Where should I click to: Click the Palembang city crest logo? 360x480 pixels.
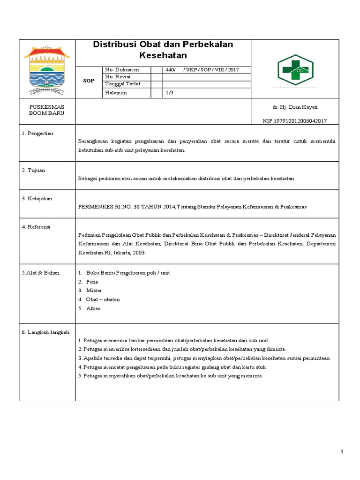tap(47, 69)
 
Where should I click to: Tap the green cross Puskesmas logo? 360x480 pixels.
tap(295, 68)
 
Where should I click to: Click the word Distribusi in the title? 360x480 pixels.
tap(112, 45)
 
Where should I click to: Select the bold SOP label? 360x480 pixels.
tap(89, 81)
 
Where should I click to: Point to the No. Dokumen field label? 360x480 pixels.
tap(122, 70)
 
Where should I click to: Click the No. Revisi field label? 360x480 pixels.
tap(118, 77)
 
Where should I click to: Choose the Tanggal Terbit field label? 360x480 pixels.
tap(123, 84)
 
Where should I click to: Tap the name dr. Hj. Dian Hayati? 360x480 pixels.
tap(295, 107)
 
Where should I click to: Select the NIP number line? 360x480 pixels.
tap(294, 121)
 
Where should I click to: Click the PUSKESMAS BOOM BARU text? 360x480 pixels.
tap(46, 110)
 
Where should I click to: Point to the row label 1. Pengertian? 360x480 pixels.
tap(37, 133)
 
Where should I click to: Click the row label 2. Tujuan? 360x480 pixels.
tap(33, 170)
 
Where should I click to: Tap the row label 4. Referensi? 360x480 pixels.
tap(36, 226)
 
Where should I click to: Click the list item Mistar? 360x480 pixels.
tap(94, 291)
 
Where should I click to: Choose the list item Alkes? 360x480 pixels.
tap(93, 308)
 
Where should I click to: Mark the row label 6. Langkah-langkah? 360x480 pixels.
tap(45, 332)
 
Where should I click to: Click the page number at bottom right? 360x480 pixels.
tap(342, 451)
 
